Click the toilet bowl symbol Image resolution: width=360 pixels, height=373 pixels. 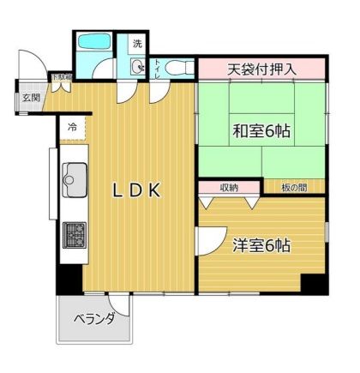(176, 66)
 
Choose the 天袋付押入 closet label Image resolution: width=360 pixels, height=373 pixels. (261, 69)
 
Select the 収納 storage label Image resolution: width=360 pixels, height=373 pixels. (228, 187)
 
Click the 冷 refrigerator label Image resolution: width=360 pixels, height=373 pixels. (71, 128)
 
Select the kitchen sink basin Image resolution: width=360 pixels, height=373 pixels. (71, 177)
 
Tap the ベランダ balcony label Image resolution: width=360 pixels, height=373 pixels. (94, 319)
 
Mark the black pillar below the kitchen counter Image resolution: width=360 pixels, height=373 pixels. (69, 279)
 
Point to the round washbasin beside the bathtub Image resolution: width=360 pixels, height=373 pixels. (137, 67)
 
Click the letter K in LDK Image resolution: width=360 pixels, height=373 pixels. (155, 192)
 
